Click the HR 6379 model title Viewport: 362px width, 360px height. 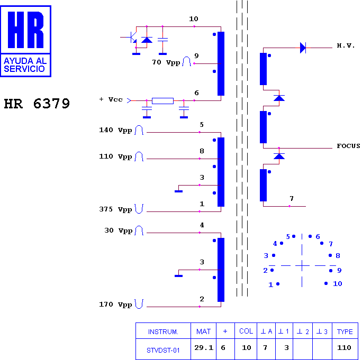37,103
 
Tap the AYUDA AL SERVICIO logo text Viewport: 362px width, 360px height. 25,65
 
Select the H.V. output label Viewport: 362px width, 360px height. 346,45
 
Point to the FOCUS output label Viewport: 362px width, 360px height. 348,146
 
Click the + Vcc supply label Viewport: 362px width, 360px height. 111,99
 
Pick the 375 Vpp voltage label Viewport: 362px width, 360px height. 115,209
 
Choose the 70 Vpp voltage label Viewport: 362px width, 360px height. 166,62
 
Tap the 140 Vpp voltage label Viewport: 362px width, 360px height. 115,130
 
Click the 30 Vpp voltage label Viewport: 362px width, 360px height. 119,230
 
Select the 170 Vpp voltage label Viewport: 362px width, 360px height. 115,304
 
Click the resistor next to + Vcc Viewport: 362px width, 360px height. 162,101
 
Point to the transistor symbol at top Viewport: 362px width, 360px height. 132,38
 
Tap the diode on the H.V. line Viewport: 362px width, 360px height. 303,48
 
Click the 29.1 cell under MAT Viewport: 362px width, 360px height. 204,347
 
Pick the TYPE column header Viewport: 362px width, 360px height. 345,331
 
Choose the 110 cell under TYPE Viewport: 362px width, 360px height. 344,347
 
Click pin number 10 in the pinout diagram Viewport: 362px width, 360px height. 337,284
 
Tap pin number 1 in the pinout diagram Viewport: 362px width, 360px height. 271,285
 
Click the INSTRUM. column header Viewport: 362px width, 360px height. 163,332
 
